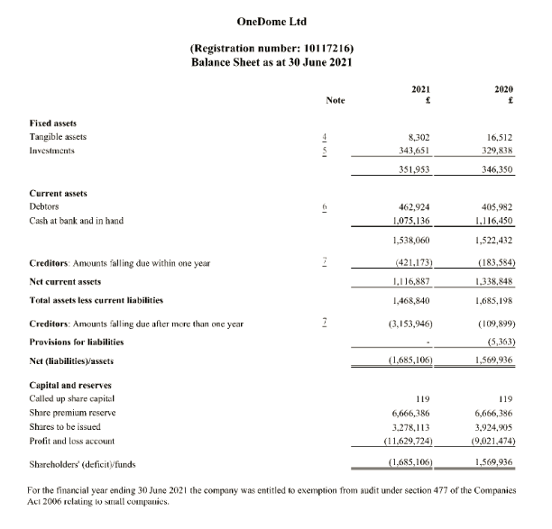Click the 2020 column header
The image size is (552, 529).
tap(504, 90)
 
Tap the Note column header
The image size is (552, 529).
tap(336, 101)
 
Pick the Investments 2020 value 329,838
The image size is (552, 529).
tap(494, 150)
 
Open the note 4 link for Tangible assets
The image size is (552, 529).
tap(336, 136)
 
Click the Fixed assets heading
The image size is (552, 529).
tap(53, 121)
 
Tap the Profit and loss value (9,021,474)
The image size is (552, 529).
tap(489, 442)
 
